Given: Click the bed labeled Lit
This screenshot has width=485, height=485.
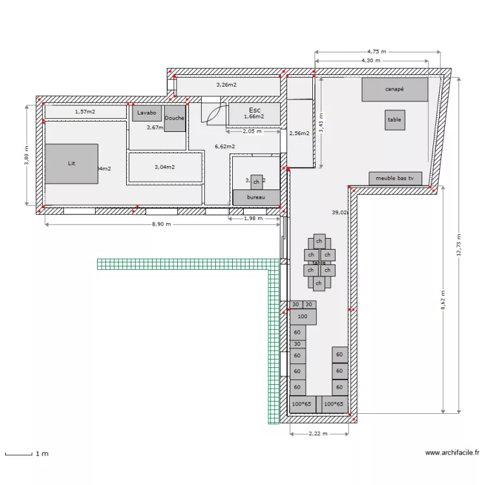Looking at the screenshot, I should coord(71,164).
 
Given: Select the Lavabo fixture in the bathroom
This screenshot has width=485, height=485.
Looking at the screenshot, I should coord(147,113).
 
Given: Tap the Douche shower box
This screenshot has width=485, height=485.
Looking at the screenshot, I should coord(175,118).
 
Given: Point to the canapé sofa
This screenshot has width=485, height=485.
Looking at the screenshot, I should coord(394,89).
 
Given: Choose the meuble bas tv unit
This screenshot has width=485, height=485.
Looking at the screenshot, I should coord(394,178).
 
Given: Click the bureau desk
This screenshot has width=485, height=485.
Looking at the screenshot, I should coord(256,198).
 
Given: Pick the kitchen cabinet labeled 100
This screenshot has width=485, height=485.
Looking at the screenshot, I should coord(303,316).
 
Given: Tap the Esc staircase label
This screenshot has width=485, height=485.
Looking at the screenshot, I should coord(254,111).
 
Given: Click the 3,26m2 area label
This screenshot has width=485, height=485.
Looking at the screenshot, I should coord(226,85).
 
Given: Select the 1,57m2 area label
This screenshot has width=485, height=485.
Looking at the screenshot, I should coord(85,112).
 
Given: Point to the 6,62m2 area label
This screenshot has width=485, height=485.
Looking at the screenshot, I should coord(225,147).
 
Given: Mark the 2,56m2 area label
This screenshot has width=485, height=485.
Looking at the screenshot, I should coord(299,133).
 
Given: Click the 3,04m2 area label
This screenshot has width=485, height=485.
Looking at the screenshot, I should coord(164,167).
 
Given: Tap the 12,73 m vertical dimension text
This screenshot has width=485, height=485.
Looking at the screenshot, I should coord(458,244).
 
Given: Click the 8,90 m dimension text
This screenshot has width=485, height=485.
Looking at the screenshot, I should coord(161,224).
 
